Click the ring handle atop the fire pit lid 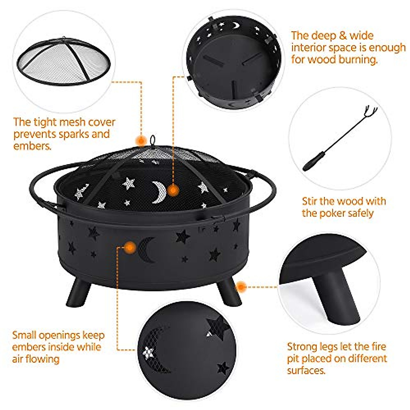click(x=152, y=140)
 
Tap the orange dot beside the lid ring click(x=140, y=140)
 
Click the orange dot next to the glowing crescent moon click(x=174, y=190)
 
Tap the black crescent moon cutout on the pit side click(x=146, y=250)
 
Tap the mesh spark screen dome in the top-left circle click(x=63, y=61)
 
